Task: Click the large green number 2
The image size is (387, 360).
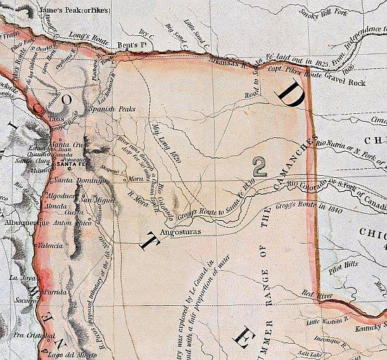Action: coord(260,166)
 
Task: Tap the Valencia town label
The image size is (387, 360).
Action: coord(53,246)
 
